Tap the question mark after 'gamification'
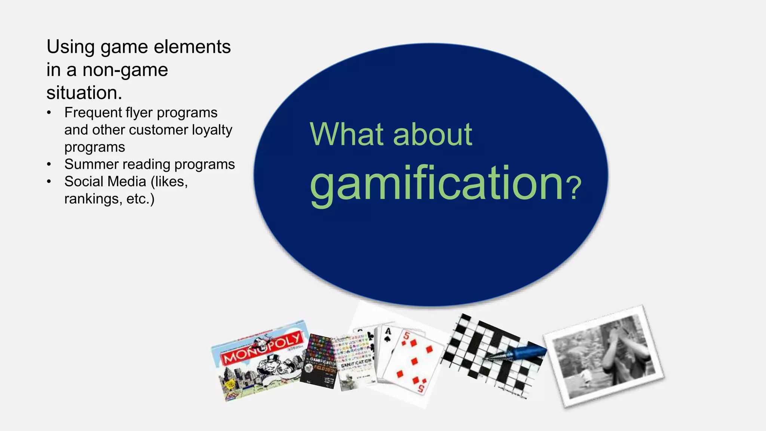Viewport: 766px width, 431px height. [573, 188]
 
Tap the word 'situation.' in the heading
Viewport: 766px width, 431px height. [84, 93]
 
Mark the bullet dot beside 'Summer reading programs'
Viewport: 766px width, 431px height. [49, 164]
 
